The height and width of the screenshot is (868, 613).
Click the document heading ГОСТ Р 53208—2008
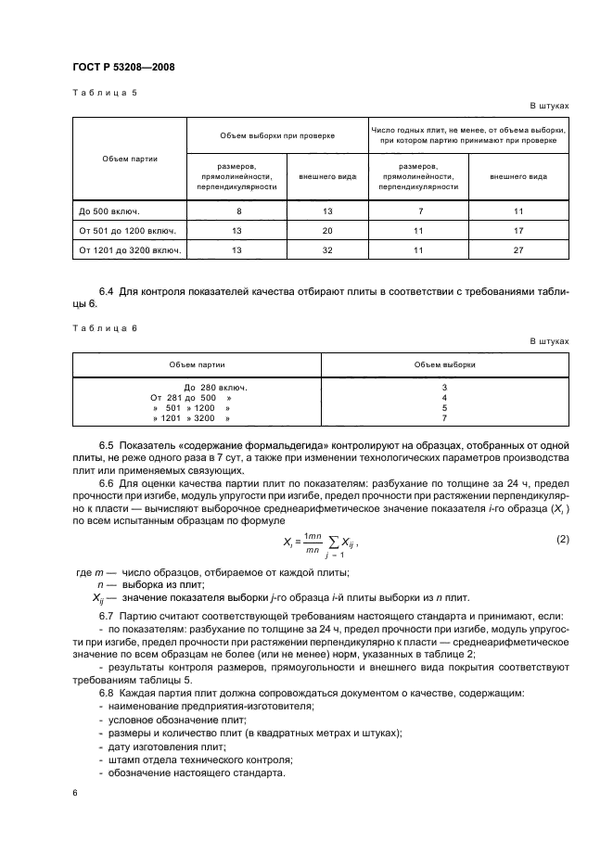point(122,68)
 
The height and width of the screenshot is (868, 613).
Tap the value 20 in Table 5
point(326,230)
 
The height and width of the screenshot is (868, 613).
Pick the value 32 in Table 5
point(326,249)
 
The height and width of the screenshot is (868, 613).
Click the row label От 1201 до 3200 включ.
point(130,249)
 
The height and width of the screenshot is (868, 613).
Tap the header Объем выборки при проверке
point(277,135)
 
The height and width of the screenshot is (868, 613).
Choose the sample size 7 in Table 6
point(445,418)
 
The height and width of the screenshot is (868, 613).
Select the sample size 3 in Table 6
point(445,386)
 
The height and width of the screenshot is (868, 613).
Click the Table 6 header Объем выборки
point(445,364)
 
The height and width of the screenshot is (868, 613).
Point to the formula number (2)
point(561,539)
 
